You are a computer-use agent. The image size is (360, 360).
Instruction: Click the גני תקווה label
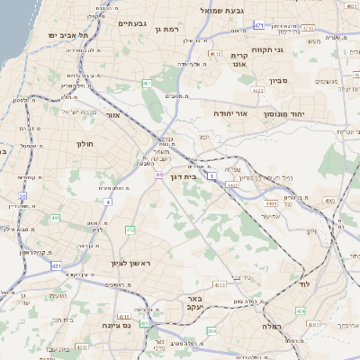pyautogui.click(x=268, y=49)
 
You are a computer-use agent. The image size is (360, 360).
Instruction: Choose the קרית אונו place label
pyautogui.click(x=240, y=59)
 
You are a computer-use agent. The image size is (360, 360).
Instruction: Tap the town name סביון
pyautogui.click(x=280, y=81)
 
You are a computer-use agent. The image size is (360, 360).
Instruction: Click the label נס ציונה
pyautogui.click(x=117, y=325)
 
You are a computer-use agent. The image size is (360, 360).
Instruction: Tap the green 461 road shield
pyautogui.click(x=147, y=84)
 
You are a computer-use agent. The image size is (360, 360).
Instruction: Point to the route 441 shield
pyautogui.click(x=56, y=218)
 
